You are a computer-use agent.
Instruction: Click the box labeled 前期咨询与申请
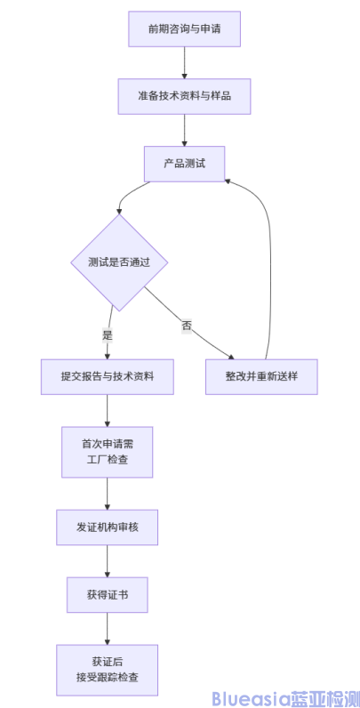pyautogui.click(x=184, y=29)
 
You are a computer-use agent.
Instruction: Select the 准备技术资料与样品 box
pyautogui.click(x=184, y=96)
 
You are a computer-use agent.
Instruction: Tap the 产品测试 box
pyautogui.click(x=184, y=164)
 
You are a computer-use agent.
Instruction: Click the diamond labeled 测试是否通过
pyautogui.click(x=119, y=262)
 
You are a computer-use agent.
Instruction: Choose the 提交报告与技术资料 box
pyautogui.click(x=107, y=376)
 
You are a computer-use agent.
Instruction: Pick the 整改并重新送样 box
pyautogui.click(x=260, y=376)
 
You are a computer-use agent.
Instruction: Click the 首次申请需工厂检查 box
pyautogui.click(x=107, y=452)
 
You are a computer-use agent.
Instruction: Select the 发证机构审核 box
pyautogui.click(x=107, y=527)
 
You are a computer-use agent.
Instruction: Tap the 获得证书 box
pyautogui.click(x=107, y=594)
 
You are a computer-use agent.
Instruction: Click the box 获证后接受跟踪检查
pyautogui.click(x=107, y=670)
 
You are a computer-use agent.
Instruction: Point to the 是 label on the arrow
pyautogui.click(x=108, y=335)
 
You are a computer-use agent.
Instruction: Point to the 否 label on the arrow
pyautogui.click(x=187, y=326)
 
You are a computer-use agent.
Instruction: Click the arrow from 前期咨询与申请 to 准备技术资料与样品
pyautogui.click(x=184, y=62)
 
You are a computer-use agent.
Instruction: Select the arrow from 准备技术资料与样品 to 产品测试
pyautogui.click(x=184, y=130)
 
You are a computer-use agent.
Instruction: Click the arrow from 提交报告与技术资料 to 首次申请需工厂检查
pyautogui.click(x=107, y=410)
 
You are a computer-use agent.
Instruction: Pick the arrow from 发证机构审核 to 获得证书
pyautogui.click(x=107, y=560)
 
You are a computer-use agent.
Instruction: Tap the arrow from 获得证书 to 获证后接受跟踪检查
pyautogui.click(x=107, y=628)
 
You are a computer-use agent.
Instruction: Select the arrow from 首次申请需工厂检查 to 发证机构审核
pyautogui.click(x=107, y=493)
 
